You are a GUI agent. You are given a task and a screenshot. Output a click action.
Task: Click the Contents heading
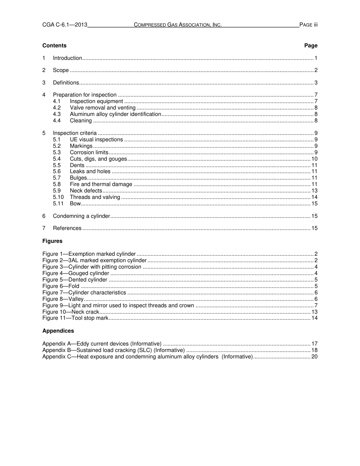(54, 45)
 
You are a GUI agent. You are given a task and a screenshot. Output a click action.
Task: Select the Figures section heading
(52, 241)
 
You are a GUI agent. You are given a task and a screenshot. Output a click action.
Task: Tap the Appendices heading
(58, 331)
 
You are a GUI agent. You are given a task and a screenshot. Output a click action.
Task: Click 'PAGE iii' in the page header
(308, 25)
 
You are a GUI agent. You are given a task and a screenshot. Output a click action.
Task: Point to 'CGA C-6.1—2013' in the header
(65, 25)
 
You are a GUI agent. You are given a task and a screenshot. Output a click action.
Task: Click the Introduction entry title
(67, 58)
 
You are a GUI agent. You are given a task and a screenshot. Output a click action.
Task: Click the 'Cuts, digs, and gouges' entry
(99, 159)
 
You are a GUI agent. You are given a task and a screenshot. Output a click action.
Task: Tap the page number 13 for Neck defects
(314, 191)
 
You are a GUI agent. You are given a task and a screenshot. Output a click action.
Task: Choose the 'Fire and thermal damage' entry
(101, 184)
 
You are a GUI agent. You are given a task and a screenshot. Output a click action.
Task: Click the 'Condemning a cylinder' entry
(81, 216)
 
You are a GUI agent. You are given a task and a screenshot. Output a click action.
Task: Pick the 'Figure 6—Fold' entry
(61, 286)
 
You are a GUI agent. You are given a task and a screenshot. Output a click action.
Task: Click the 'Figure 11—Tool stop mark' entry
(75, 318)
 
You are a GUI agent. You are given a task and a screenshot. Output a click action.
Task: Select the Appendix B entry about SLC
(113, 350)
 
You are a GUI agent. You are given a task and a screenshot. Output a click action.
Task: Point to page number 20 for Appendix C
(314, 357)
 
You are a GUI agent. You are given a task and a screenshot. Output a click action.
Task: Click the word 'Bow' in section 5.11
(75, 203)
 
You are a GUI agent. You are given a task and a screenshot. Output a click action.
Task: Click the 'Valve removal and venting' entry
(102, 108)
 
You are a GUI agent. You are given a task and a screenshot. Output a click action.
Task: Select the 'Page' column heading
(311, 45)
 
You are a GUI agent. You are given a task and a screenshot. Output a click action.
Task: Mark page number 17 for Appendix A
(314, 344)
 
